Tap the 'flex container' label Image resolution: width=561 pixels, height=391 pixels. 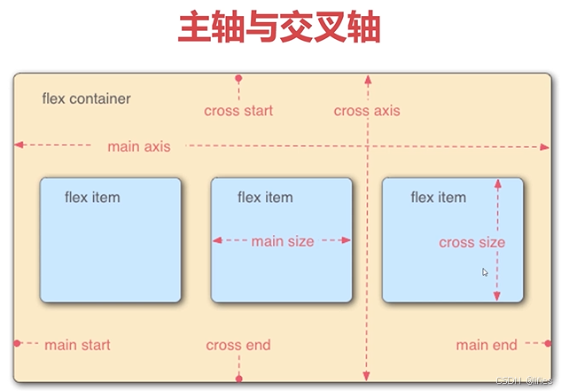coord(86,98)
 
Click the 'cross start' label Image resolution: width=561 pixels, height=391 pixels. coord(238,111)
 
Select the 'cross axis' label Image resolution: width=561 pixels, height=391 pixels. coord(367,111)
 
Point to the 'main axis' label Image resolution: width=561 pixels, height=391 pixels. coord(139,146)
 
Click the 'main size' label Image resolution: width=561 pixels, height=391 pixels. coord(283,240)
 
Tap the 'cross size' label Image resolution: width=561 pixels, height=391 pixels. coord(471,242)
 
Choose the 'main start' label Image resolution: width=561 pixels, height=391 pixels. coord(77,345)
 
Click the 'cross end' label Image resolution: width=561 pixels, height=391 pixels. coord(238,345)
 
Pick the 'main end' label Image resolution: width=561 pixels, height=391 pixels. coord(487,345)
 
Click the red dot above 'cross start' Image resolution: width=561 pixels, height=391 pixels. coord(238,79)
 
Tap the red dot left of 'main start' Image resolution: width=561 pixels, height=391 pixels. coord(17,343)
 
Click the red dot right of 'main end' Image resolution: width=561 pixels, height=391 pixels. coord(548,343)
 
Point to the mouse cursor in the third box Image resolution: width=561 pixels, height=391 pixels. coord(486,273)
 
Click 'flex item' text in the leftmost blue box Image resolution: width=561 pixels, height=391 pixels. coord(92,197)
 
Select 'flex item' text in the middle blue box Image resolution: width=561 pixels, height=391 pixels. coord(265,197)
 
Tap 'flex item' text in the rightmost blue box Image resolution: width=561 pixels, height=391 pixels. coord(438,197)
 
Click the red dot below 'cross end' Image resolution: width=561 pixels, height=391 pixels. coord(238,379)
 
